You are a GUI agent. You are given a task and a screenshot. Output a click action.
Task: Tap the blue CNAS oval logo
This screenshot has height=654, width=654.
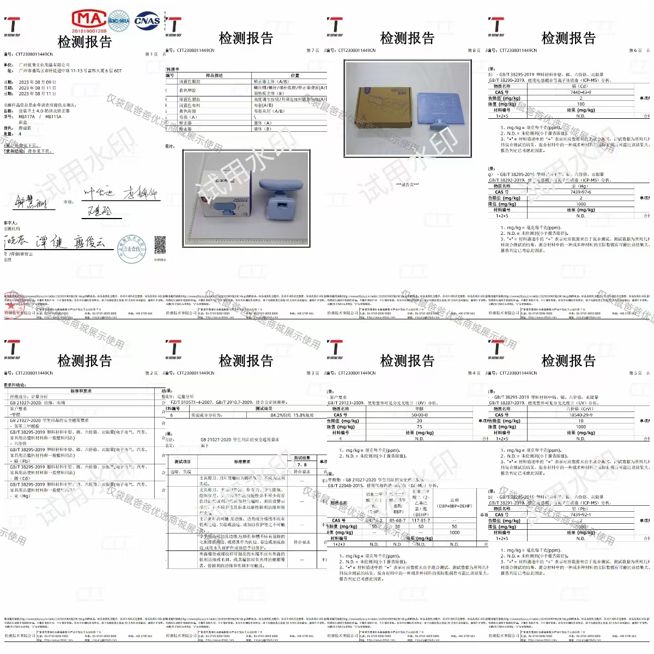pyautogui.click(x=147, y=21)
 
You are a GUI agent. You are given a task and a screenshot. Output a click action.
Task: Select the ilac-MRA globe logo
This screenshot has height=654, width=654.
pyautogui.click(x=118, y=21)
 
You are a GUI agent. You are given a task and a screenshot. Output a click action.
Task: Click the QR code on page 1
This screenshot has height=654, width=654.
pyautogui.click(x=160, y=245)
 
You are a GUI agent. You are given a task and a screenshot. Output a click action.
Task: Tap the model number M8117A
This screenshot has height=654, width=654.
pyautogui.click(x=26, y=117)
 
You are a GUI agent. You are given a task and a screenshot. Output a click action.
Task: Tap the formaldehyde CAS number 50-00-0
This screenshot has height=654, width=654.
pyautogui.click(x=419, y=415)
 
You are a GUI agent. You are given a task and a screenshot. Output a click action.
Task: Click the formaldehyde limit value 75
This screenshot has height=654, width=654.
pyautogui.click(x=419, y=427)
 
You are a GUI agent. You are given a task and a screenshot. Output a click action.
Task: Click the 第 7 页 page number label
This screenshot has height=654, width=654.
pyautogui.click(x=313, y=51)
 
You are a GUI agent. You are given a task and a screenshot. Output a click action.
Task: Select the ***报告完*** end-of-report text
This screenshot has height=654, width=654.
pyautogui.click(x=408, y=184)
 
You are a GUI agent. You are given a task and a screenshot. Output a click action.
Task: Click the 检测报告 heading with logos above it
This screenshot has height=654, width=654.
pyautogui.click(x=84, y=41)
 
